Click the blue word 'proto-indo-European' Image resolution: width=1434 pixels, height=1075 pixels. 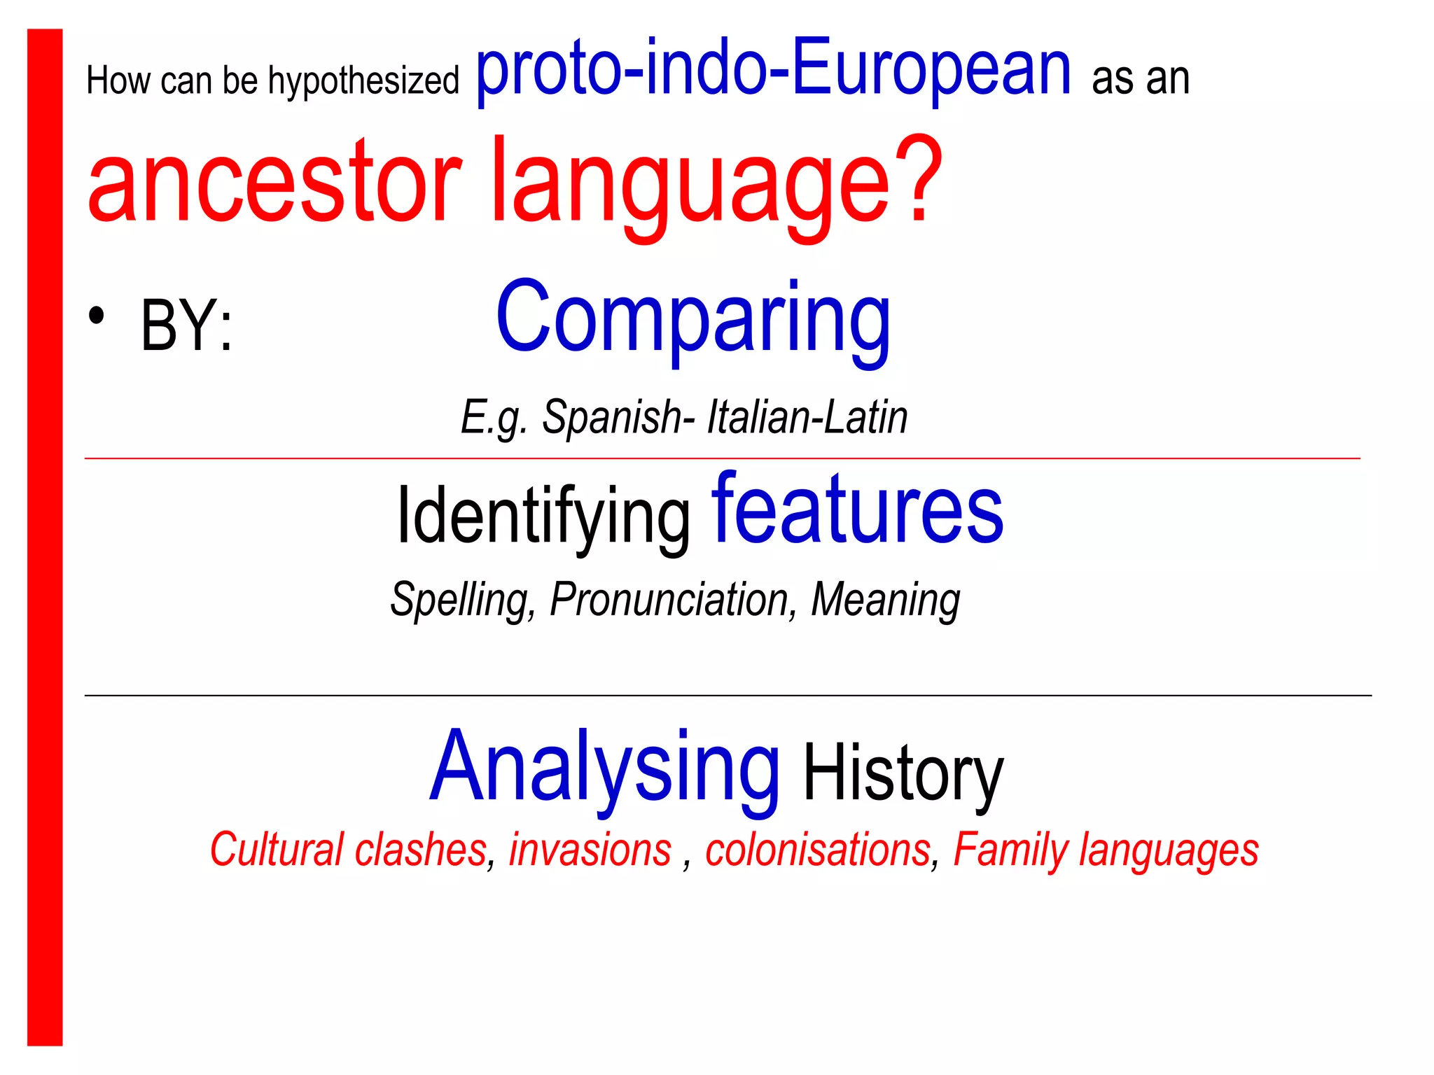click(x=773, y=70)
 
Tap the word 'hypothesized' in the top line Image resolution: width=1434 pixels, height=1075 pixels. click(x=363, y=81)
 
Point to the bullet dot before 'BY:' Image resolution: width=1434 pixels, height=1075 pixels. click(x=97, y=316)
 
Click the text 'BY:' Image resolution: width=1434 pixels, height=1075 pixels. click(x=186, y=326)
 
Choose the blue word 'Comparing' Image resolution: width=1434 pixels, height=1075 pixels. click(x=693, y=318)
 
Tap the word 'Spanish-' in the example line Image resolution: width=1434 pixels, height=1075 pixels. click(x=618, y=418)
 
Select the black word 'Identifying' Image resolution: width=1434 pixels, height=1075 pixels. click(x=543, y=517)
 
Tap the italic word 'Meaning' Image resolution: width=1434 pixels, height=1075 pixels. click(x=885, y=600)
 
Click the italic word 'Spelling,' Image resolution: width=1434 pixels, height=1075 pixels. click(x=463, y=600)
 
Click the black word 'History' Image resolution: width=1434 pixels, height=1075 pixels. click(x=903, y=775)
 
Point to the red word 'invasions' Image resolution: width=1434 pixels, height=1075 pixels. click(x=590, y=850)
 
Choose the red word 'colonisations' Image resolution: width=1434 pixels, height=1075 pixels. click(x=818, y=850)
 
